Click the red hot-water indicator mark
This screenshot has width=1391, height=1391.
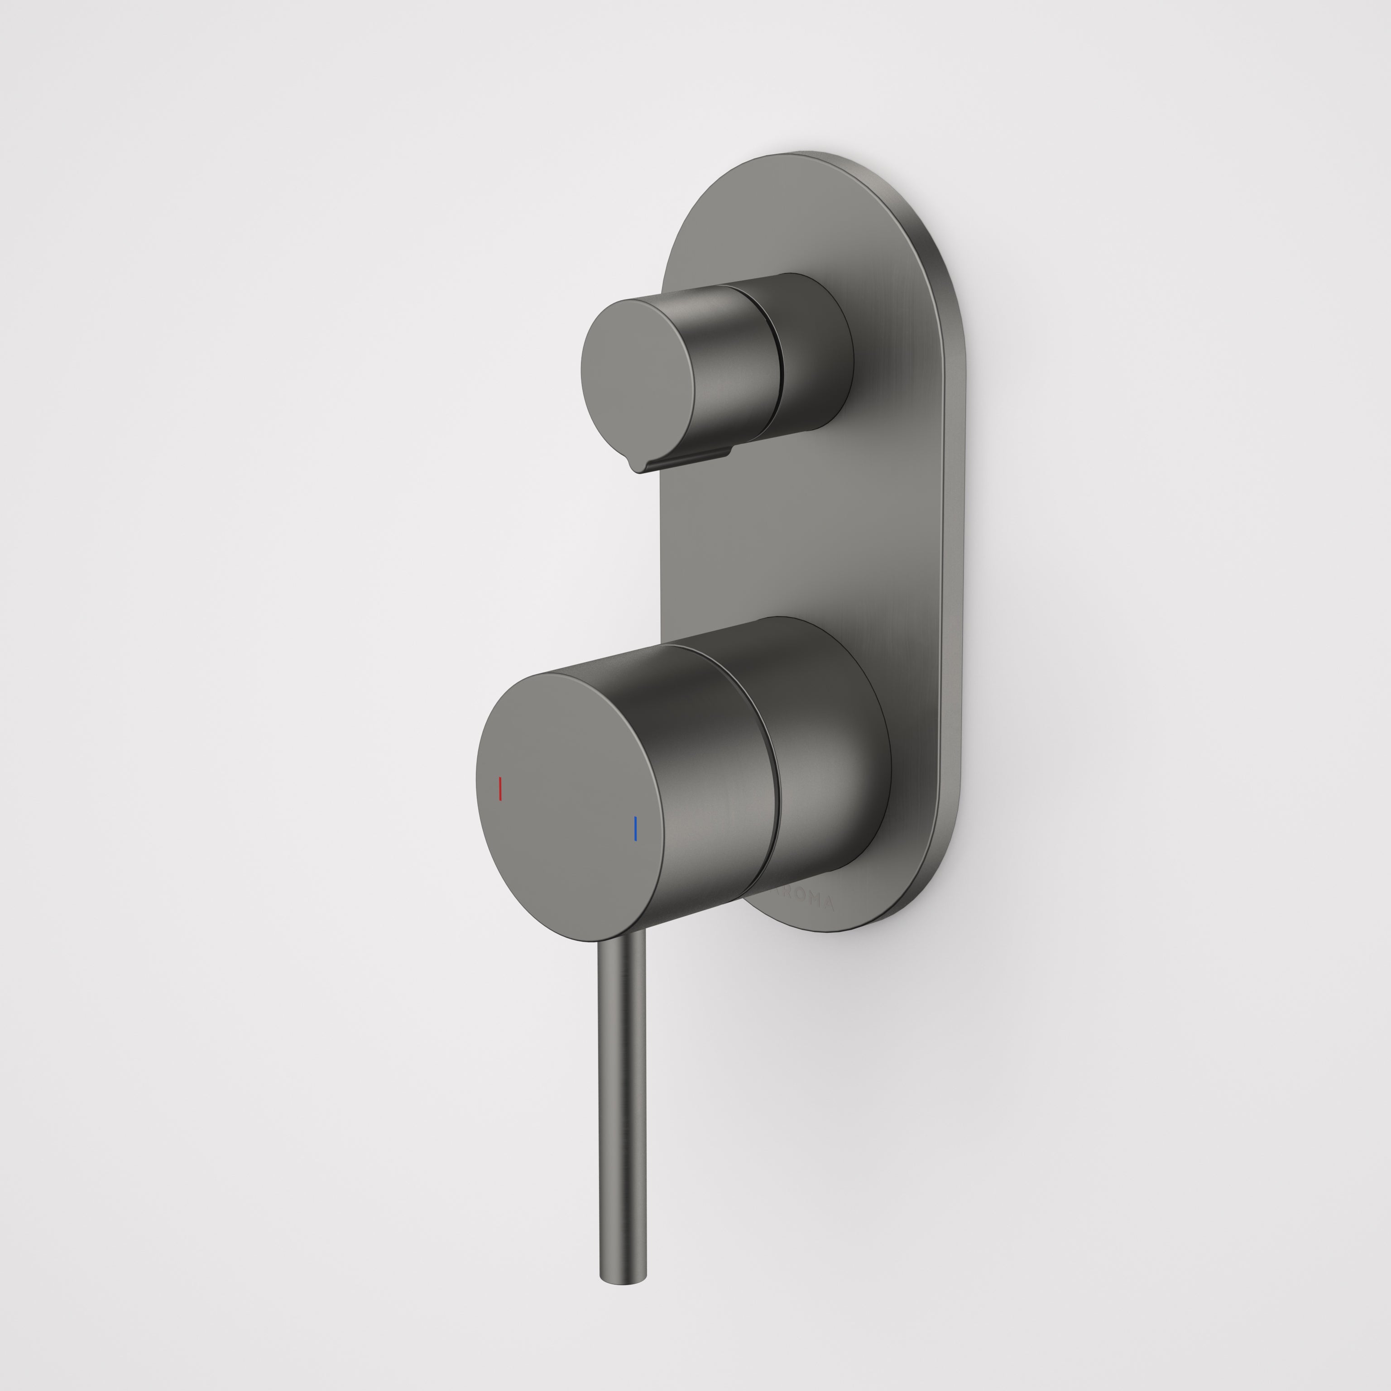(x=500, y=789)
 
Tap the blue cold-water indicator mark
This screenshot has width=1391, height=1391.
(x=635, y=828)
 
